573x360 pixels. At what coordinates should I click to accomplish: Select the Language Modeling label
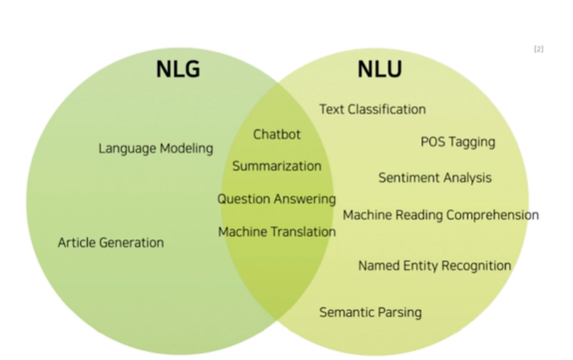click(x=155, y=148)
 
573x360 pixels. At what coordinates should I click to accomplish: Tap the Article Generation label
click(x=111, y=242)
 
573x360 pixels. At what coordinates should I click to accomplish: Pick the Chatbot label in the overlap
click(x=277, y=135)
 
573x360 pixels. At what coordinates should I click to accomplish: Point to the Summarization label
click(x=277, y=166)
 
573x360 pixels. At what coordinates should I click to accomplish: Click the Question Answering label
click(x=277, y=199)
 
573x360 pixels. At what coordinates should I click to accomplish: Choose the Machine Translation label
click(x=277, y=232)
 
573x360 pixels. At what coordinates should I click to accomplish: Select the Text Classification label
click(x=372, y=109)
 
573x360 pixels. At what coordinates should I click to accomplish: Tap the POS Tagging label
click(x=457, y=142)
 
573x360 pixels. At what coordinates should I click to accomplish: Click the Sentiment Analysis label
click(x=435, y=178)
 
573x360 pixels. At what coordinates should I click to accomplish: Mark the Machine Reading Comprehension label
click(x=441, y=215)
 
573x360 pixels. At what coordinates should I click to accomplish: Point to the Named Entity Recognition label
click(x=435, y=265)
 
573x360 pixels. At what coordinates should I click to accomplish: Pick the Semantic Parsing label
click(x=370, y=312)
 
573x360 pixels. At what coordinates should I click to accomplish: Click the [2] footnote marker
click(x=538, y=48)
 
